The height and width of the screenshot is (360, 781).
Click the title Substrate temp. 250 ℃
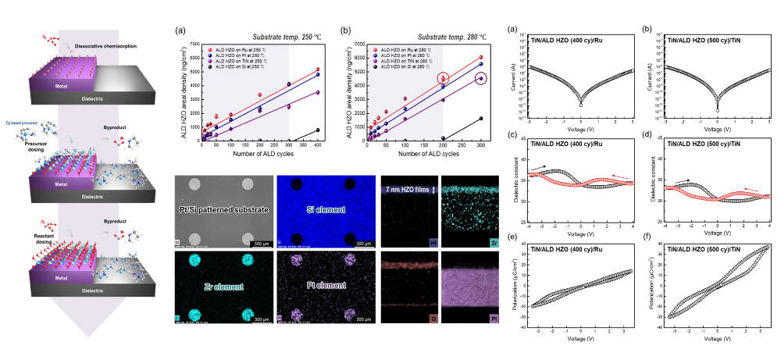[x=255, y=37]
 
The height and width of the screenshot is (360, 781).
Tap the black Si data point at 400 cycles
[x=318, y=130]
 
